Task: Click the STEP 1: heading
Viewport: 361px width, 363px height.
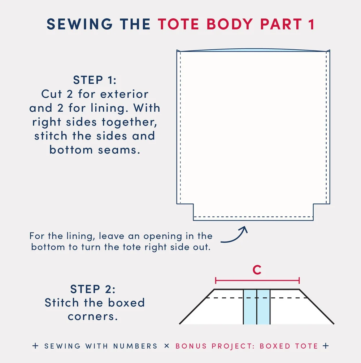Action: coord(95,80)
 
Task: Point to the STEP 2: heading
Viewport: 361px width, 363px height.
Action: coord(95,289)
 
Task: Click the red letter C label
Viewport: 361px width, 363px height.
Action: coord(257,270)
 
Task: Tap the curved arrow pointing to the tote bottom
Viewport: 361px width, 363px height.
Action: coord(235,236)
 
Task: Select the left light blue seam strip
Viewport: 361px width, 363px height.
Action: coord(250,306)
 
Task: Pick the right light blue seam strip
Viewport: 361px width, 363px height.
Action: coord(264,306)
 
